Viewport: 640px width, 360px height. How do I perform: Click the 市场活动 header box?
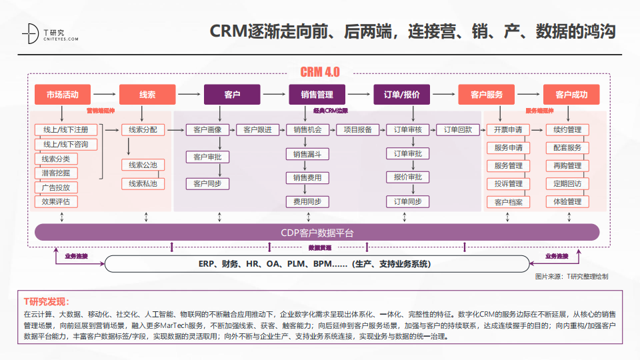point(62,95)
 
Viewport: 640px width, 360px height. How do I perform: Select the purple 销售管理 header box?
point(317,95)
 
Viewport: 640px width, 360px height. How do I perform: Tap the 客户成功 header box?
point(571,95)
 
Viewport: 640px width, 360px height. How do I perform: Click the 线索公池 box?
point(143,165)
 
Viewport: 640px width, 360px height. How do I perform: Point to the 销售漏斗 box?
point(307,154)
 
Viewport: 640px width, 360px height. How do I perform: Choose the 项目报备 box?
point(358,130)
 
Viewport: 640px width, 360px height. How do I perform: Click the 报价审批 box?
point(407,177)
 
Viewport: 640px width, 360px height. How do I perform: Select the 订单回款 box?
point(458,130)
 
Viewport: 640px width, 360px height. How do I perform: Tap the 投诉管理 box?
point(509,183)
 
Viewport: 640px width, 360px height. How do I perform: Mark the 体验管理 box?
point(567,201)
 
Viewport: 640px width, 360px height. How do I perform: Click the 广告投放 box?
point(56,187)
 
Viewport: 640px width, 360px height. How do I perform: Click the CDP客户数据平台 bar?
point(317,233)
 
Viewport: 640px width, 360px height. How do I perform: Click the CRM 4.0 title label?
point(320,72)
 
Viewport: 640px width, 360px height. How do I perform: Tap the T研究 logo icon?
point(30,33)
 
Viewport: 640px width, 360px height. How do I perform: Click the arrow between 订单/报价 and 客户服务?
point(444,95)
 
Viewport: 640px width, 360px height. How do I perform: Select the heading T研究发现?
point(47,301)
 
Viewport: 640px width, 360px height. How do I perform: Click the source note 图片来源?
point(571,276)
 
